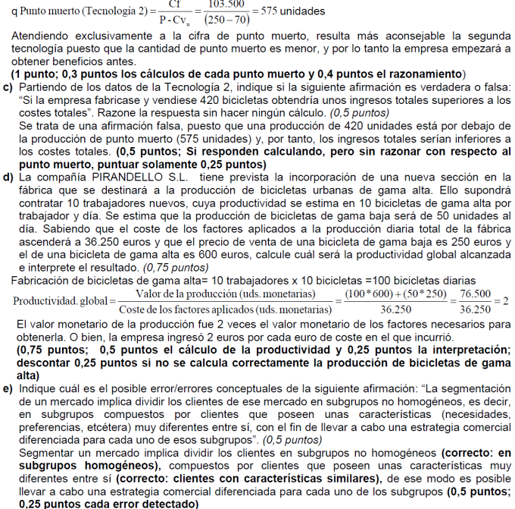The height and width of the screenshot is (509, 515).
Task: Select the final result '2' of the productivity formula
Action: [505, 301]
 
